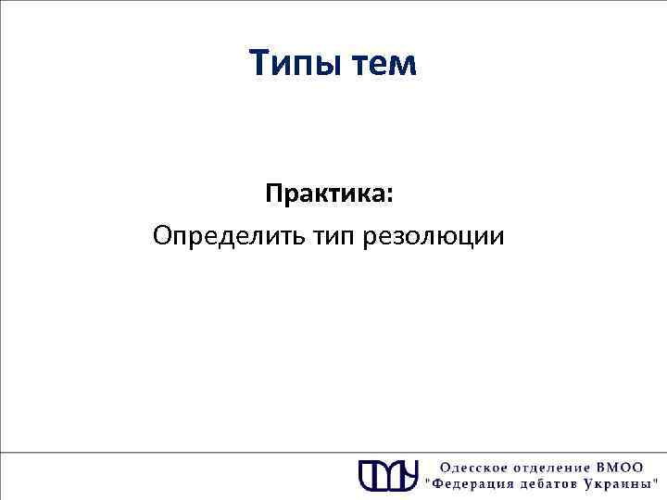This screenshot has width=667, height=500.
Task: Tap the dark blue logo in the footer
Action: tap(388, 473)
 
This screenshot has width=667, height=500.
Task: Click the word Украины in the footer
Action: tap(622, 483)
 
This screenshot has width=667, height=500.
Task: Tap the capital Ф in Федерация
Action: tap(439, 483)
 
